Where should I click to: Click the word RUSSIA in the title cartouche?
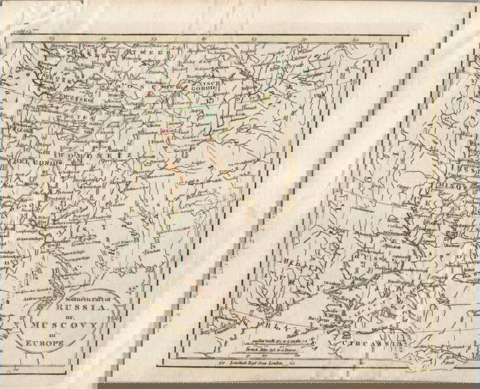coord(86,309)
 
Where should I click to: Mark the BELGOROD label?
coord(23,163)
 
